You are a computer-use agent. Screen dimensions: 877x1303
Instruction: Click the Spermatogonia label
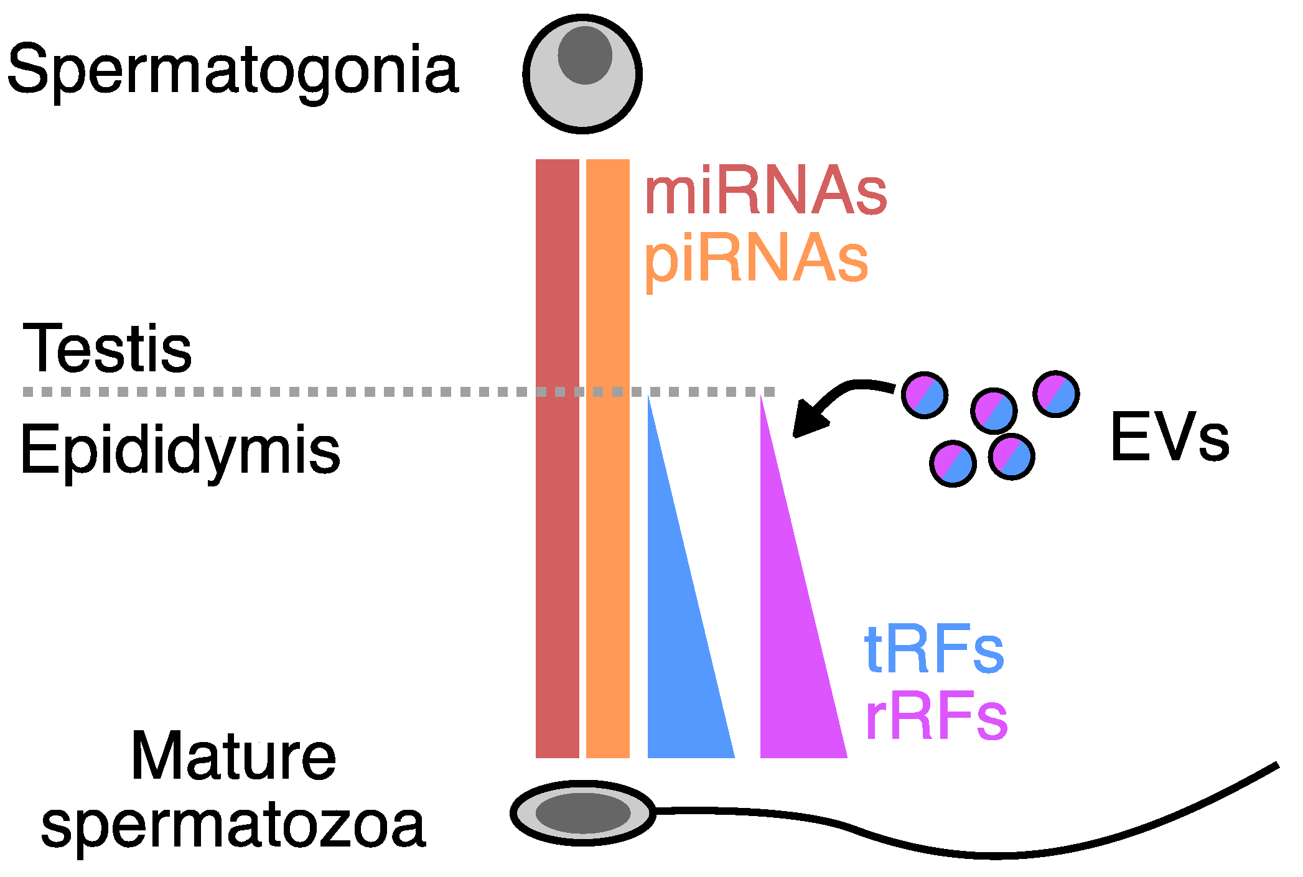233,70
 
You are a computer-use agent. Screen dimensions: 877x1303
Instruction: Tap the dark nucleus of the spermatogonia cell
584,55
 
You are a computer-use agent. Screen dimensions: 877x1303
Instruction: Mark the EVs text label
1170,437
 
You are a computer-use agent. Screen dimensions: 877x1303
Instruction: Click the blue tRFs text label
934,650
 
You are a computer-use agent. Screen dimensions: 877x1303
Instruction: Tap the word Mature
233,756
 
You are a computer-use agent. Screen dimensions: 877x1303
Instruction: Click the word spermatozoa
233,824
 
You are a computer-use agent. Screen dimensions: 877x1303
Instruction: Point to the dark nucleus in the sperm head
582,813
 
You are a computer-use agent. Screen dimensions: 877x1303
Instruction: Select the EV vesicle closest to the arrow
925,395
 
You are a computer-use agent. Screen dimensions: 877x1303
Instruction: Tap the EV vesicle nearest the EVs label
1056,394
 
